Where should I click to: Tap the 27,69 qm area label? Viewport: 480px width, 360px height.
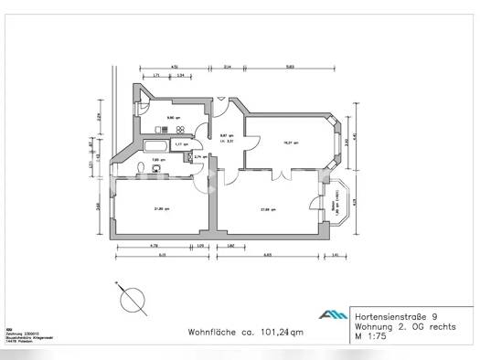coord(267,210)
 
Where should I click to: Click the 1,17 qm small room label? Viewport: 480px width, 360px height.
coord(182,143)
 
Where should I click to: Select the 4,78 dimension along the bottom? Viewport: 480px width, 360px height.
coord(155,245)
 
